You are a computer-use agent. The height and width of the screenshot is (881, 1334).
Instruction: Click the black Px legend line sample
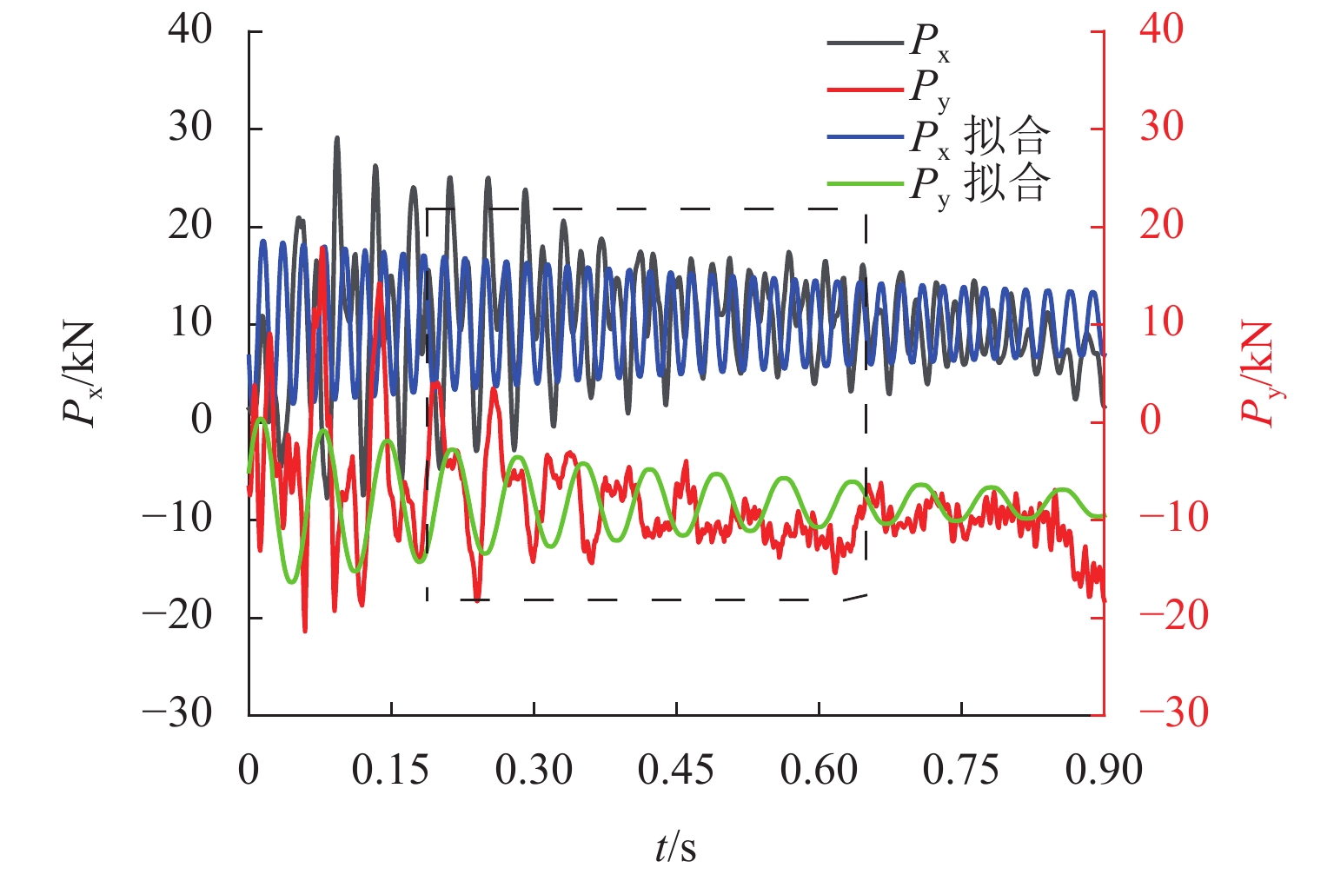click(x=866, y=42)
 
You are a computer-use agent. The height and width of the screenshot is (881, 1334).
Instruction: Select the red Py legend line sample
click(x=866, y=89)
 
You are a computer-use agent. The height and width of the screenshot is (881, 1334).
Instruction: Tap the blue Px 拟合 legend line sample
click(x=866, y=136)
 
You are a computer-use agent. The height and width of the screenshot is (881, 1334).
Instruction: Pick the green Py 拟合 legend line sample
click(x=866, y=183)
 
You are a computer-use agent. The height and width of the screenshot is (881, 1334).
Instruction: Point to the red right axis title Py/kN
click(x=1258, y=374)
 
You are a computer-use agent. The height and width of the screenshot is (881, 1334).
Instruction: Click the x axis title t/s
click(x=676, y=847)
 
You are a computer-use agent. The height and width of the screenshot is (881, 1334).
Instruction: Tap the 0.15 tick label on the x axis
click(x=391, y=771)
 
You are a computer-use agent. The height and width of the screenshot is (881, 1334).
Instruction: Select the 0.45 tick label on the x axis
click(x=676, y=771)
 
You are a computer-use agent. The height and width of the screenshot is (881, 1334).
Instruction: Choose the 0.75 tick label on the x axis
click(x=961, y=771)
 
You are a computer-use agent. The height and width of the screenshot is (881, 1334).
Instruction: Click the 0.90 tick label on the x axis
click(x=1104, y=771)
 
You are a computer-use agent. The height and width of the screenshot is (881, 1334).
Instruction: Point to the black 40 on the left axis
click(x=190, y=30)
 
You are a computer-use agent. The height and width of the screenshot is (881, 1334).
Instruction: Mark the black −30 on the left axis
click(x=178, y=714)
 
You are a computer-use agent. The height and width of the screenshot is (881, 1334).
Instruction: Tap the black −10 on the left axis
click(x=178, y=519)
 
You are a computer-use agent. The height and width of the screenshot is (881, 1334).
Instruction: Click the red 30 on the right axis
click(x=1162, y=128)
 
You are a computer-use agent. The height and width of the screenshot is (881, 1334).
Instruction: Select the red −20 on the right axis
click(x=1173, y=617)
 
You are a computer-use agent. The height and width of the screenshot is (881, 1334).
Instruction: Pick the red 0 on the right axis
click(x=1151, y=421)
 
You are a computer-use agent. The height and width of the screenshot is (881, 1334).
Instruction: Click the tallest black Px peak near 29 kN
click(x=337, y=138)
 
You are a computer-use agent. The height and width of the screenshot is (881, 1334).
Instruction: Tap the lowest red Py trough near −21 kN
click(x=305, y=631)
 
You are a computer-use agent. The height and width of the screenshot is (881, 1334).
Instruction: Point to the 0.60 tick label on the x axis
click(x=819, y=771)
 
